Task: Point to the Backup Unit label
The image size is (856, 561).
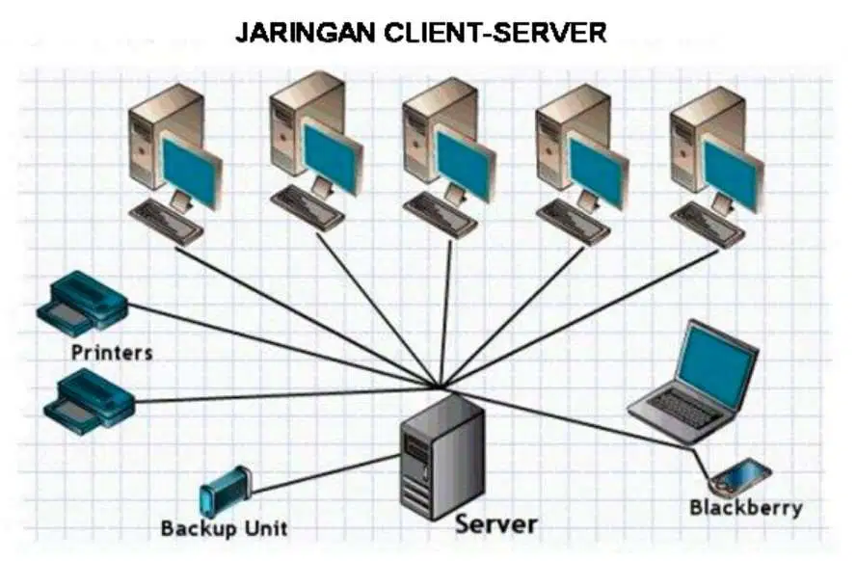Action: (224, 528)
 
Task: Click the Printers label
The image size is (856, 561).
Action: (112, 352)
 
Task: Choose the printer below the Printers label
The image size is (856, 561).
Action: (92, 398)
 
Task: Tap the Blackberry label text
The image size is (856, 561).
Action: (745, 507)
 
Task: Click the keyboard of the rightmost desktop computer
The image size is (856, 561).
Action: (707, 226)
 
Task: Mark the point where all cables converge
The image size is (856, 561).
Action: (441, 388)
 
